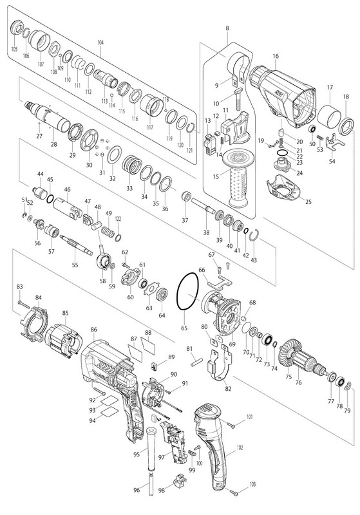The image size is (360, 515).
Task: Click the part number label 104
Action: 100,42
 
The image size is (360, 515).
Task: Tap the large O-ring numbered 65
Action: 178,292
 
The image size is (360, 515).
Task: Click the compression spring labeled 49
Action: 108,230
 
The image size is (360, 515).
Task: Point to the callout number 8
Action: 227,28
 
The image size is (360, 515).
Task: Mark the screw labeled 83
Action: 24,303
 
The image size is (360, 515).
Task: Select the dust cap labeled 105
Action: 17,28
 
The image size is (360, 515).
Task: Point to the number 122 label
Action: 118,218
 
